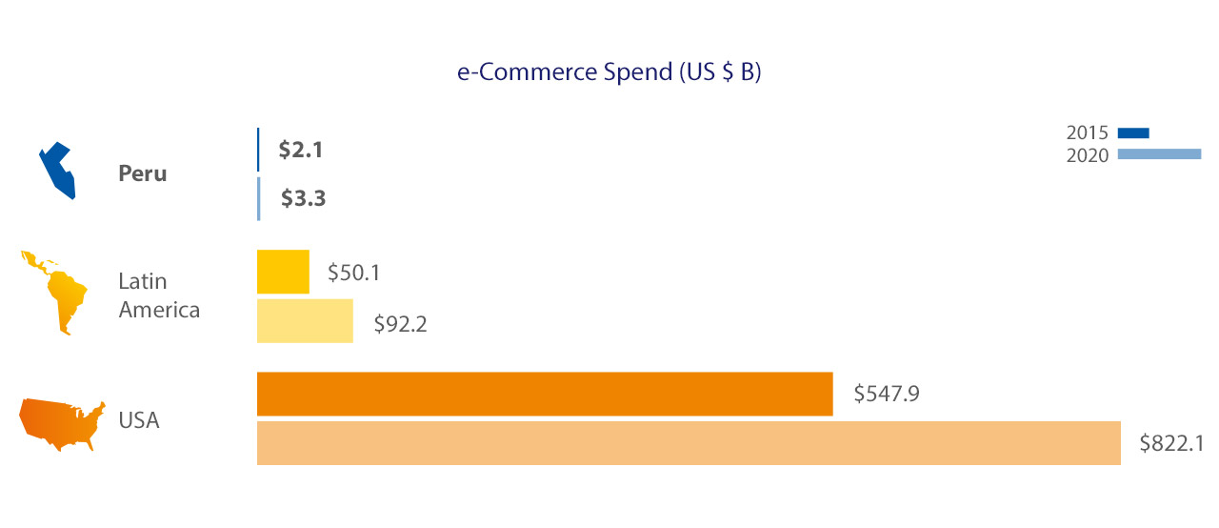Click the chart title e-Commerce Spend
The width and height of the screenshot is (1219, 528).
[609, 74]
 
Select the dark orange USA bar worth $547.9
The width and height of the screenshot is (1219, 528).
[545, 394]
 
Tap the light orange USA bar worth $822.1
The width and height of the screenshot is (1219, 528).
[689, 443]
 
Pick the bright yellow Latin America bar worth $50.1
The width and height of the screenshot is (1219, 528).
[283, 272]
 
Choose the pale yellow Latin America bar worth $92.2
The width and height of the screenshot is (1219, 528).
[305, 320]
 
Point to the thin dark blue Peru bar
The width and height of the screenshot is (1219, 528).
[258, 150]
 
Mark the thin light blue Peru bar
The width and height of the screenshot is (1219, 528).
[258, 198]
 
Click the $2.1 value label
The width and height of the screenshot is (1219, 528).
[300, 150]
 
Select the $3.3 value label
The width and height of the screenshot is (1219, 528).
[303, 199]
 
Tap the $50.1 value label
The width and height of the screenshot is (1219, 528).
[354, 273]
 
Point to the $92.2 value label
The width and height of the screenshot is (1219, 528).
[399, 323]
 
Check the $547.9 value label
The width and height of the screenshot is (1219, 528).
[886, 394]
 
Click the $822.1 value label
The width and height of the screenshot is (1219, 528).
[1171, 443]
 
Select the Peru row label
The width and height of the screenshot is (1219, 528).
[143, 174]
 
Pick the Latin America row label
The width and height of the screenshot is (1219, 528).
[158, 295]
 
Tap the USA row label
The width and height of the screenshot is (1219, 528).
[138, 419]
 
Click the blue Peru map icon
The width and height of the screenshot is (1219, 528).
[56, 170]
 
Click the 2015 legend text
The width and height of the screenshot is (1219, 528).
[1087, 132]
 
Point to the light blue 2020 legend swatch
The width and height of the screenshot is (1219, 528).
[1159, 154]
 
